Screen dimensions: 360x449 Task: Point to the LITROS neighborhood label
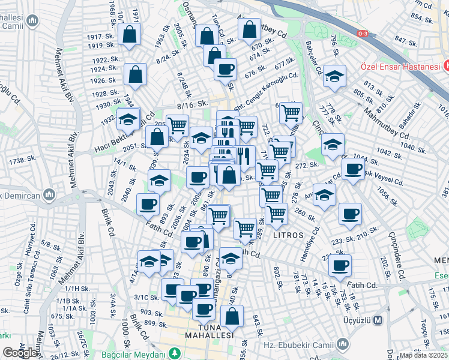tap(288, 235)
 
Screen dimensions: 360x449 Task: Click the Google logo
tap(20, 353)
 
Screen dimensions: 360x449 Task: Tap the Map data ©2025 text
tap(424, 355)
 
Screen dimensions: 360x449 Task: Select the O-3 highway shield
tap(362, 34)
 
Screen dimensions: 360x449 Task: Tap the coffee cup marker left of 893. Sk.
tap(148, 205)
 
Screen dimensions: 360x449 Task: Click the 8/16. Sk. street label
tap(192, 106)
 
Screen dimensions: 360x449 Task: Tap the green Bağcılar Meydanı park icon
tap(175, 353)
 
